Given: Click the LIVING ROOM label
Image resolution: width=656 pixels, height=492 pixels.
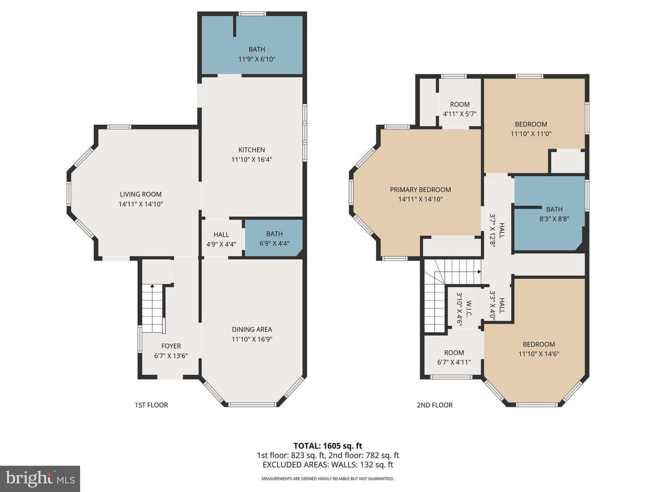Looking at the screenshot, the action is tap(140, 194).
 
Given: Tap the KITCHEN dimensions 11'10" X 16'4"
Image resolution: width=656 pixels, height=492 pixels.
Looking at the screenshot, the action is tap(251, 159).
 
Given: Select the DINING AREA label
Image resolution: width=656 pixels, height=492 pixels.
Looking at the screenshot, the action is tap(251, 329).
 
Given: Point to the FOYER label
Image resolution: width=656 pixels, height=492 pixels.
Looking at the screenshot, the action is tap(171, 346).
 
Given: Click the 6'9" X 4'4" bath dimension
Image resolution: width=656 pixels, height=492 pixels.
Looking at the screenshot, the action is tap(274, 244).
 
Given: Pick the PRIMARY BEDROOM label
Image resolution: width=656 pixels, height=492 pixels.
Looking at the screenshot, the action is tap(420, 190).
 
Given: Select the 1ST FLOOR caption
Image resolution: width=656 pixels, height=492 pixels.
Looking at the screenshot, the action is tap(151, 405).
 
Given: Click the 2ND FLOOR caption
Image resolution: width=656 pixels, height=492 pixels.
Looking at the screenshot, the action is tap(435, 405).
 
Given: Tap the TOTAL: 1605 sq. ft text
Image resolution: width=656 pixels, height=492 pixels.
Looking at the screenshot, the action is tap(328, 446).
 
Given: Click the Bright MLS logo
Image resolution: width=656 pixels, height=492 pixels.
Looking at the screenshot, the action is tap(40, 479).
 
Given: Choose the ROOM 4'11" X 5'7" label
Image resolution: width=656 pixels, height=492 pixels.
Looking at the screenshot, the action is tap(460, 109).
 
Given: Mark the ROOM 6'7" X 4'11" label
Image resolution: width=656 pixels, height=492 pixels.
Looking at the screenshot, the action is tap(454, 357).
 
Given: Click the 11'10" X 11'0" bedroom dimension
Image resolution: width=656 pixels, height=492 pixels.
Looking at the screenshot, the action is tap(531, 133).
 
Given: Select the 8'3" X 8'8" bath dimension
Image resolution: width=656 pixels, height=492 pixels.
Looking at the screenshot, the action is tap(554, 219).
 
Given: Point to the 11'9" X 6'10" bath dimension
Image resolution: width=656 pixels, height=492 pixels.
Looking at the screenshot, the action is tap(257, 59).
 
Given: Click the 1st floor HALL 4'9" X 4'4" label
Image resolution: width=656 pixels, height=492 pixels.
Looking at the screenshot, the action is tap(221, 240).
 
